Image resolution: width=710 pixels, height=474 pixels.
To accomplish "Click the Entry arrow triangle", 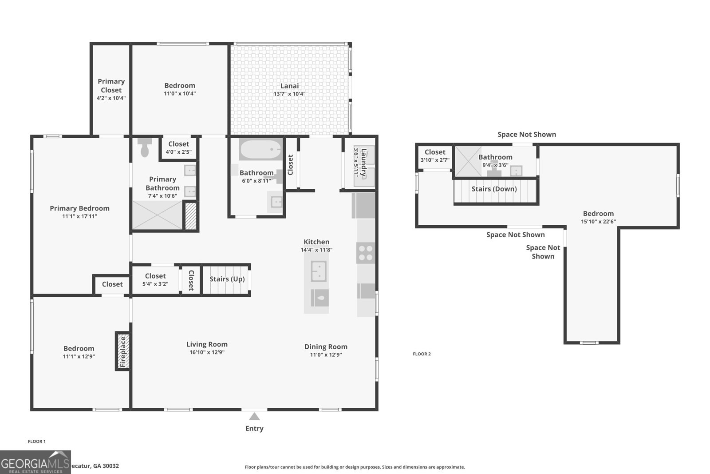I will (254, 417).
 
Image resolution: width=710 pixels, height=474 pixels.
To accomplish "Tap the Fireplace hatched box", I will (123, 351).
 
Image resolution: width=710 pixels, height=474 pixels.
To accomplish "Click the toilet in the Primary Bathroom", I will (145, 147).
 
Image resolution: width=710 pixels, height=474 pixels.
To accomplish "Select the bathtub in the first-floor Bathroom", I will (261, 150).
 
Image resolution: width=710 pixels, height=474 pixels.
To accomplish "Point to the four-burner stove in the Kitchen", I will (366, 253).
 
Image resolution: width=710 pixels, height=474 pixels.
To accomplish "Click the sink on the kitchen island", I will (319, 271).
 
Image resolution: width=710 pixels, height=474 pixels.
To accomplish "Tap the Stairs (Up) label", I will (227, 279).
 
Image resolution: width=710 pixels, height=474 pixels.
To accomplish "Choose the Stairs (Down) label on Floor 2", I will (494, 189).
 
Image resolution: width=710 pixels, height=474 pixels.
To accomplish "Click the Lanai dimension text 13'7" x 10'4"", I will (289, 94).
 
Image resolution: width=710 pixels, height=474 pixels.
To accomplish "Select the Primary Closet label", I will (111, 85).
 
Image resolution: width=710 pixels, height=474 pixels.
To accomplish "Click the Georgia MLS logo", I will (35, 462).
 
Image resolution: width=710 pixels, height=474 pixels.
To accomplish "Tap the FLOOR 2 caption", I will (422, 354).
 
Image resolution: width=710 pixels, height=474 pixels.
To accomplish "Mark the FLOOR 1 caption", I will (37, 442).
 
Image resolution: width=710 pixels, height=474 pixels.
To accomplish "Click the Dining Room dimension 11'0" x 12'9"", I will (326, 355).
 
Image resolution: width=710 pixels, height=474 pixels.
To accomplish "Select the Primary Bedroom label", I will (79, 208).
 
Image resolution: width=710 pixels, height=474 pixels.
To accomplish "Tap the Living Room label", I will (207, 344).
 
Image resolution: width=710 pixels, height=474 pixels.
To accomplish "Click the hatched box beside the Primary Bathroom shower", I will (191, 216).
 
